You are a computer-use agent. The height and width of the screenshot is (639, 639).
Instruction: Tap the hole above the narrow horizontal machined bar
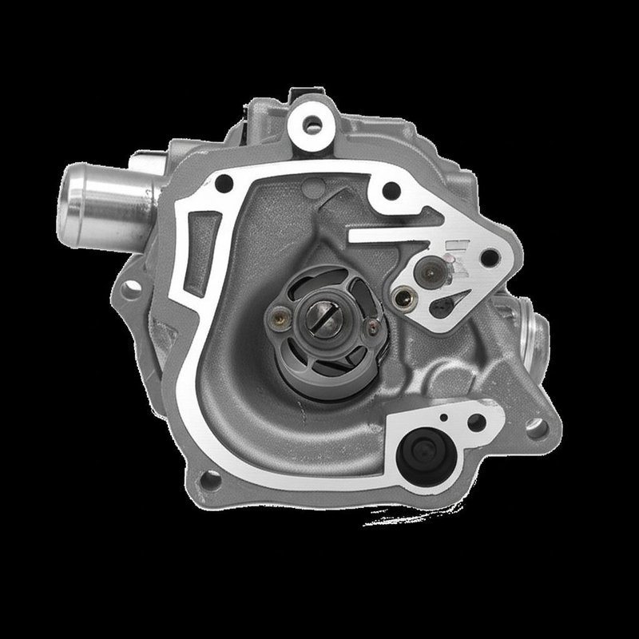(392, 190)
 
